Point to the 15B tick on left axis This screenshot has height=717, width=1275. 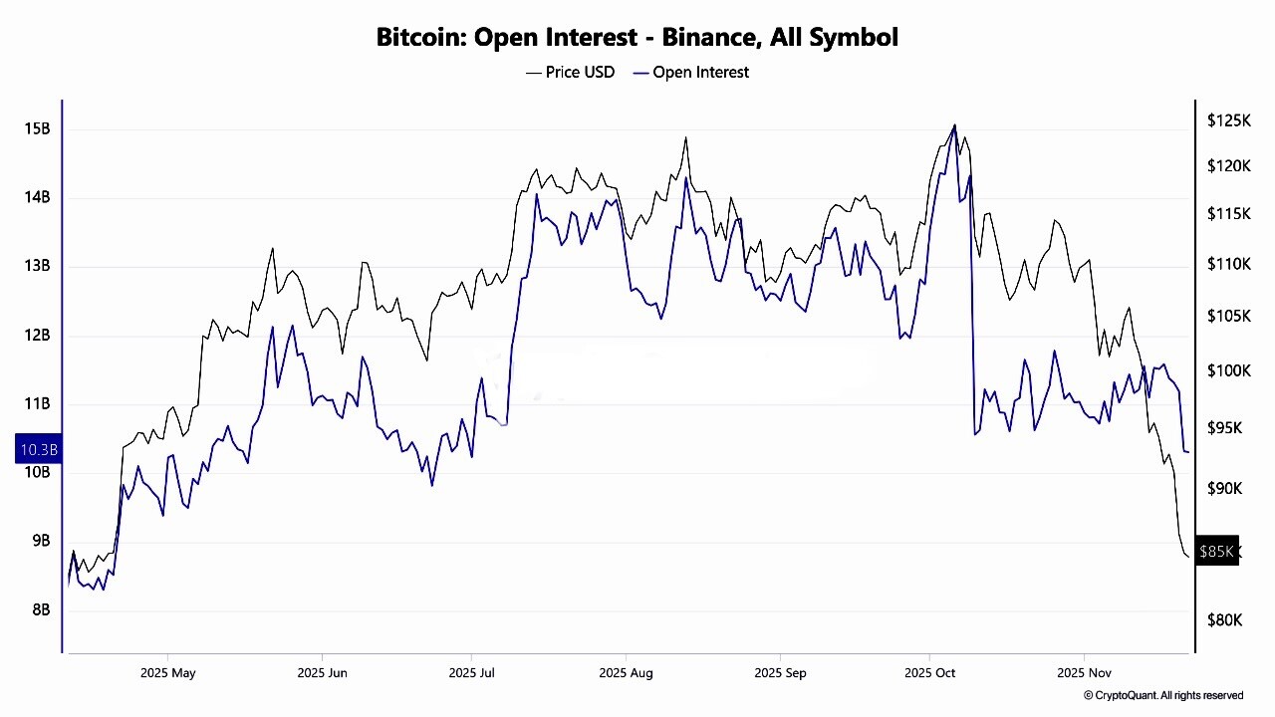pyautogui.click(x=37, y=128)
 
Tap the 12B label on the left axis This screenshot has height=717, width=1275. pyautogui.click(x=37, y=335)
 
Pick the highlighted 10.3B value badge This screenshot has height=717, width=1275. pyautogui.click(x=39, y=450)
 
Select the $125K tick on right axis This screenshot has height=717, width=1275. pyautogui.click(x=1228, y=120)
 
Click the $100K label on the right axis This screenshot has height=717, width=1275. pyautogui.click(x=1228, y=370)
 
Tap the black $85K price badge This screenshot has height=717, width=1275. pyautogui.click(x=1216, y=551)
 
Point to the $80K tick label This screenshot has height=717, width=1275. pyautogui.click(x=1224, y=619)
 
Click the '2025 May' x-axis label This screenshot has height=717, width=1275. pyautogui.click(x=168, y=673)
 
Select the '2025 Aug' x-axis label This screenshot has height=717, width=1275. pyautogui.click(x=626, y=673)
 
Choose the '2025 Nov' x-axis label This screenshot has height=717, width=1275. pyautogui.click(x=1085, y=673)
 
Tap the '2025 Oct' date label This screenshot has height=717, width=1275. pyautogui.click(x=929, y=673)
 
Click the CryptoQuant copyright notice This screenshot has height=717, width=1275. pyautogui.click(x=1163, y=695)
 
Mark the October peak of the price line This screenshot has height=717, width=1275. pyautogui.click(x=954, y=125)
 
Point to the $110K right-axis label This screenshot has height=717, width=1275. pyautogui.click(x=1228, y=264)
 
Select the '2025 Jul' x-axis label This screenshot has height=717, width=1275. pyautogui.click(x=472, y=673)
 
